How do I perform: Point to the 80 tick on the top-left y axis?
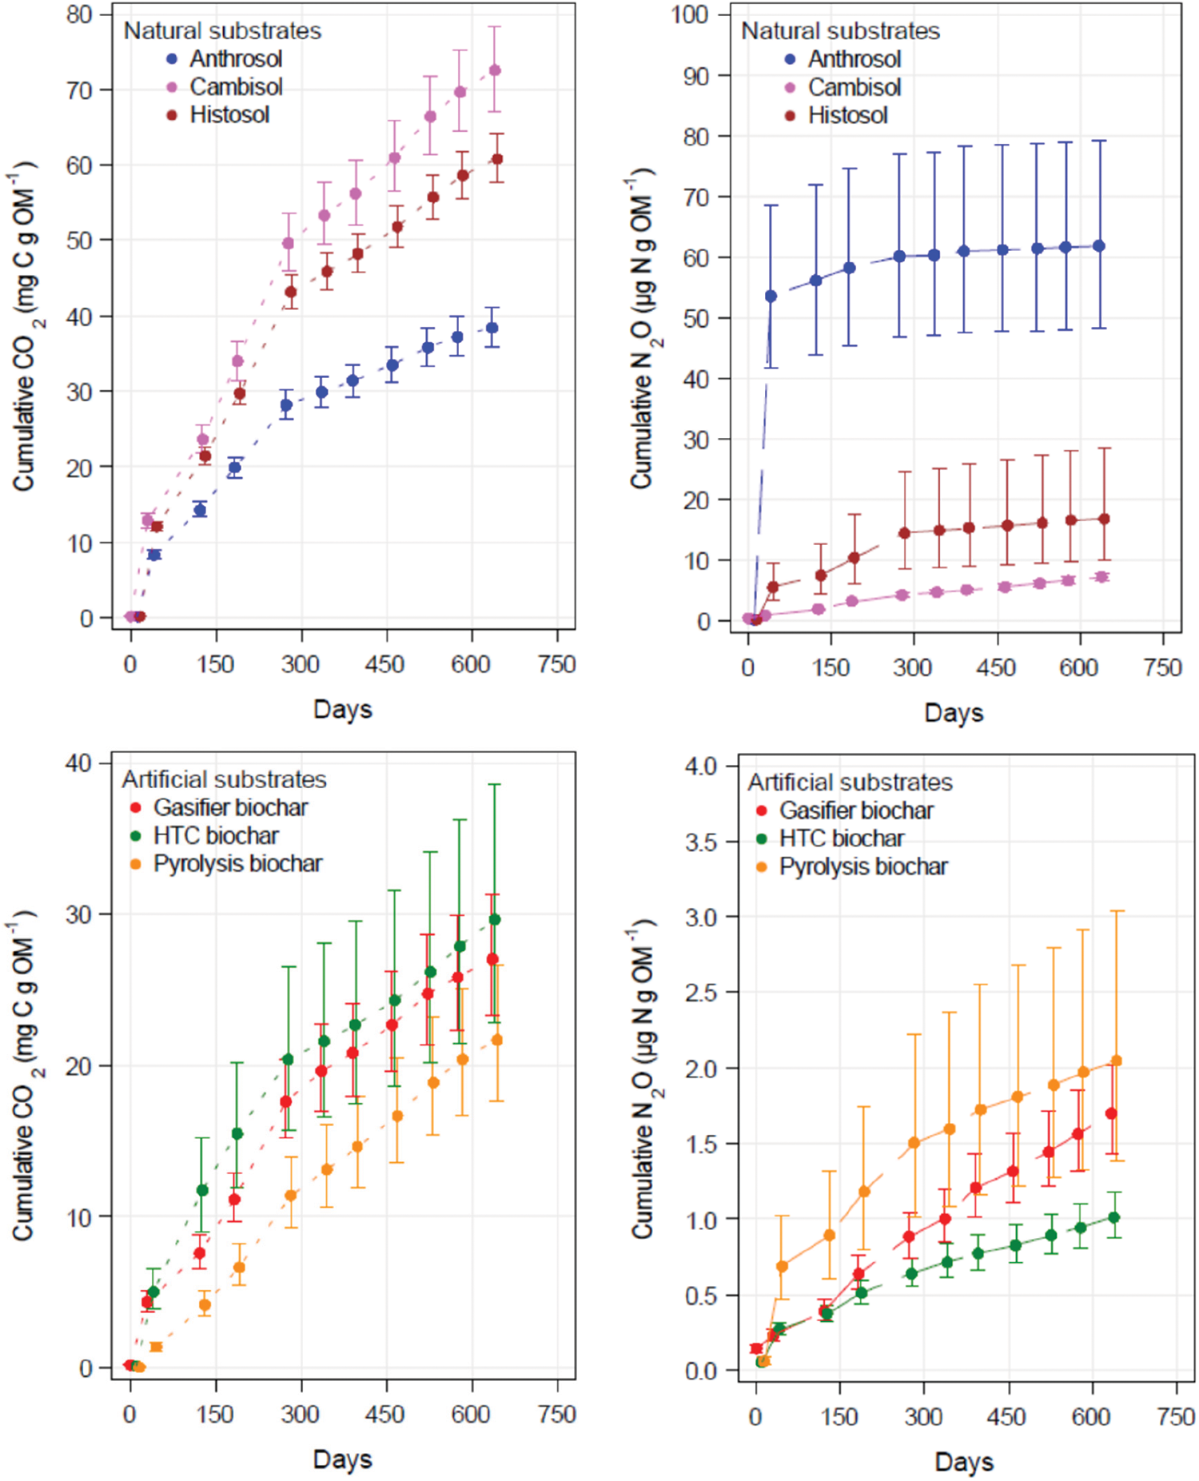point(79,14)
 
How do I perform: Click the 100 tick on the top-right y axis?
point(690,14)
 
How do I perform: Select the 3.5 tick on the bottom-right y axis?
point(702,842)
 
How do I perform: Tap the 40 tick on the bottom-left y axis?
point(79,763)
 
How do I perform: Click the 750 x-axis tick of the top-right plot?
point(1162,667)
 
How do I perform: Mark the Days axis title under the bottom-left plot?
point(342,1459)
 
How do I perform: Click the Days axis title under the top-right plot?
point(954,712)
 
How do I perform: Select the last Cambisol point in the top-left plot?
point(495,70)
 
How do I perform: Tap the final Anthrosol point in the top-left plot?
point(492,328)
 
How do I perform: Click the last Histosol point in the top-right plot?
point(1104,519)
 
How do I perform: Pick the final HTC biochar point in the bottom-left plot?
point(495,919)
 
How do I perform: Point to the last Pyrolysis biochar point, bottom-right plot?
point(1117,1061)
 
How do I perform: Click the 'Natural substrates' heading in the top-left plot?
point(222,31)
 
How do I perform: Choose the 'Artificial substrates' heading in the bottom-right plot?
point(850,782)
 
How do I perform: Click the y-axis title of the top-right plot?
point(643,328)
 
